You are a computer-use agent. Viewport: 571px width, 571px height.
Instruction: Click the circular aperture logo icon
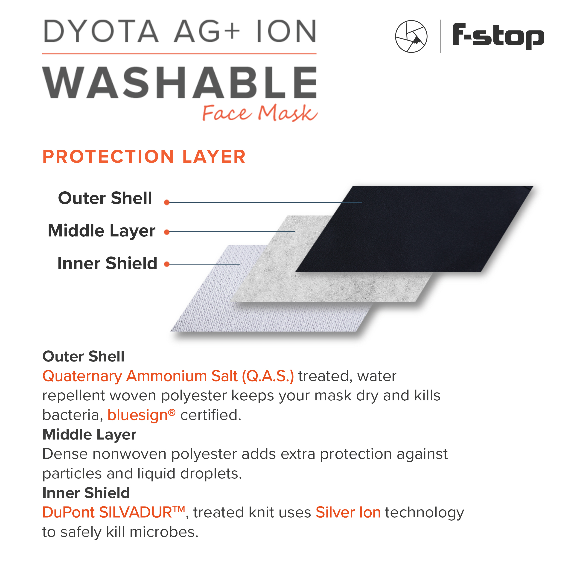point(411,36)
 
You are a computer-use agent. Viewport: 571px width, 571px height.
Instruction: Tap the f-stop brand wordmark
point(498,36)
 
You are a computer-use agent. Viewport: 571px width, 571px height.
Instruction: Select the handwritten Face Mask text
point(260,113)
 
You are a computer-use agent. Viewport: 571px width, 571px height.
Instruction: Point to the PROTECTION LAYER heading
point(144,156)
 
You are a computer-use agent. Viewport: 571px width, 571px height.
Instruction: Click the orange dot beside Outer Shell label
point(167,202)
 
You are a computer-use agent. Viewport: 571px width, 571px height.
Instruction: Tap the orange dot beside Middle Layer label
point(167,232)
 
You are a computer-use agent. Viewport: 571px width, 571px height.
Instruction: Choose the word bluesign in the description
point(138,415)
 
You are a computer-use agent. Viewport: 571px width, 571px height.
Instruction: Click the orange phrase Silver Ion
point(348,512)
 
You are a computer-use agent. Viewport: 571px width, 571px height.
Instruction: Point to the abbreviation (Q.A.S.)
point(268,376)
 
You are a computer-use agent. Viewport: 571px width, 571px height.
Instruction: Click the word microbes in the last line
point(164,532)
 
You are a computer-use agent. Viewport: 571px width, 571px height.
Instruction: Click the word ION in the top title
point(286,31)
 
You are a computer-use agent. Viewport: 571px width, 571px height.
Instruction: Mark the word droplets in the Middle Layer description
point(211,474)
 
